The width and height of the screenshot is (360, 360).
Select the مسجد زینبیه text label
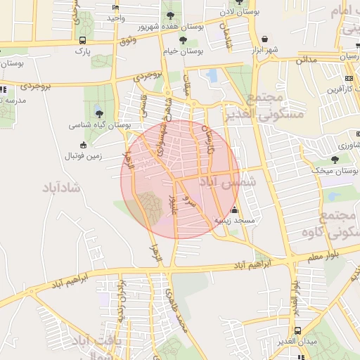pos(234,220)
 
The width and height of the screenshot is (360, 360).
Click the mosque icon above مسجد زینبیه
pos(234,210)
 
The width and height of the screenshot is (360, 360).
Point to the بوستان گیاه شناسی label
pos(99,124)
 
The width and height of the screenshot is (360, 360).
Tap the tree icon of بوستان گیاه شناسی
pos(98,112)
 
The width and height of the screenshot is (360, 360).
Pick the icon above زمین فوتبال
pos(84,145)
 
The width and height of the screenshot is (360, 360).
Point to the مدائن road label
pos(307,60)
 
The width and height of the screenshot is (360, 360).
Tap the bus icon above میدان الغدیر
pos(298,330)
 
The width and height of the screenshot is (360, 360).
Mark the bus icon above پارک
pos(83,40)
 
